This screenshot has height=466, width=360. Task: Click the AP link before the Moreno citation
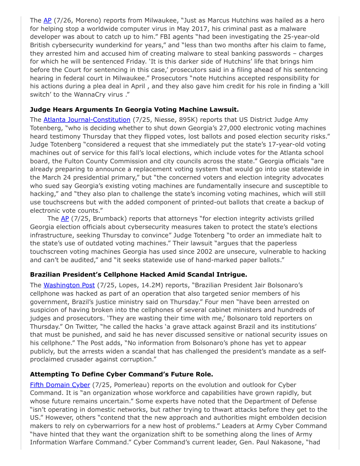47,20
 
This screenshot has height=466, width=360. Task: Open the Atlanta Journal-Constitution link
86,120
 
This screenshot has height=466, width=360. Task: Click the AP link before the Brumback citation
65,218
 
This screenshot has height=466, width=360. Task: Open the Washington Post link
69,285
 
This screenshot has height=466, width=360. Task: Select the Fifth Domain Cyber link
60,385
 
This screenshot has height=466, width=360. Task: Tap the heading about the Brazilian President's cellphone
139,274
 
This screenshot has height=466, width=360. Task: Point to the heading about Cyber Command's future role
121,374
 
